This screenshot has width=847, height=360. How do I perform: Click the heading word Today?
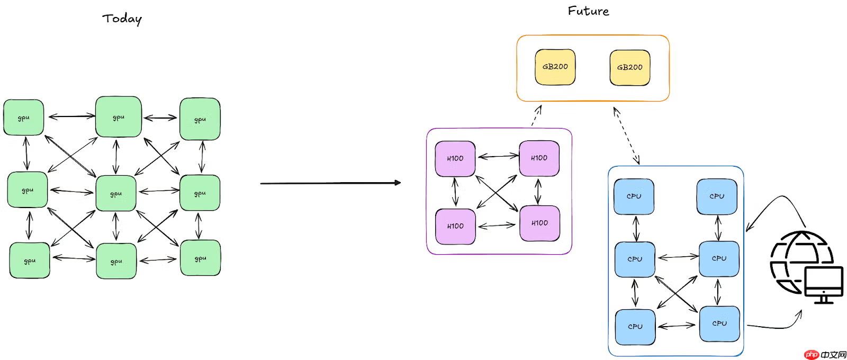pos(122,19)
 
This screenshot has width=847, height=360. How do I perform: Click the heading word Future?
pos(588,11)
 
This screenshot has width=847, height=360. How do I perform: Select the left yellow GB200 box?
pos(555,67)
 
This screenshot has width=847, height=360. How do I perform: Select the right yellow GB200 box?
pos(629,67)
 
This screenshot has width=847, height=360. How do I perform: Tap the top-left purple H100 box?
pos(455,158)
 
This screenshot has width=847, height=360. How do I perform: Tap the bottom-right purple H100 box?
pos(539,223)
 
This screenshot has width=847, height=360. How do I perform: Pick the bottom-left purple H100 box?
pos(455,226)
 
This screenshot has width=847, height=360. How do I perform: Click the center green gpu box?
pos(116,194)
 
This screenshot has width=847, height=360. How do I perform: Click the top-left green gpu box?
pos(23,118)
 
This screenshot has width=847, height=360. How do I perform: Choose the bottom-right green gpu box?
pos(200,258)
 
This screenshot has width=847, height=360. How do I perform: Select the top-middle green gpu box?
pos(118,117)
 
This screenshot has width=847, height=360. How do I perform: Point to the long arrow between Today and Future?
pos(330,183)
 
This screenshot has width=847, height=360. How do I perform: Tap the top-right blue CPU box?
pos(717,196)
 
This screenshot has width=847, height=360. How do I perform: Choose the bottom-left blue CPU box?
pos(635,327)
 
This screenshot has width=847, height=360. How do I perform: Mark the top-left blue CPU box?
pos(634,196)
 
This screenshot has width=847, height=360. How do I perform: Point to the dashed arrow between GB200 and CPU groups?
pos(626,136)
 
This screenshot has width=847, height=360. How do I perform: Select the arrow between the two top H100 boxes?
pos(498,156)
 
